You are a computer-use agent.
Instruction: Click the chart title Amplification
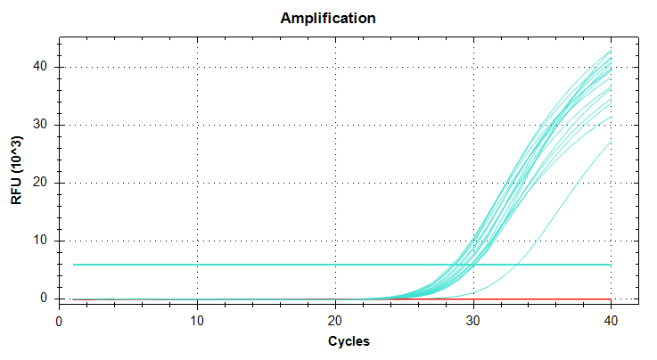[x=328, y=18]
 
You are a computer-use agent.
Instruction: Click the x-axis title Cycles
[x=349, y=341]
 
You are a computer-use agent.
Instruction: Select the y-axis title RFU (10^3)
[x=16, y=170]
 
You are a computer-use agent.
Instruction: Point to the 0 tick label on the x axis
[x=59, y=322]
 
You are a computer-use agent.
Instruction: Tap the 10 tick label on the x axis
[x=197, y=321]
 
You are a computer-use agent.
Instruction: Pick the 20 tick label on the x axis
[x=335, y=321]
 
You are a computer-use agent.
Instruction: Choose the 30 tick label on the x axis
[x=473, y=321]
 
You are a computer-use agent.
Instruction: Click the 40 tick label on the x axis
[x=611, y=321]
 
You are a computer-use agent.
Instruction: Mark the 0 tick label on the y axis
[x=44, y=299]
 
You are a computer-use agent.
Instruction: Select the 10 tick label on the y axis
[x=40, y=241]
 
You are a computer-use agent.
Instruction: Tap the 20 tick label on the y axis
[x=40, y=183]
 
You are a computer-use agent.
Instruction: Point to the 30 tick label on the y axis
[x=40, y=125]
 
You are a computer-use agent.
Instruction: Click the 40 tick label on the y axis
[x=40, y=67]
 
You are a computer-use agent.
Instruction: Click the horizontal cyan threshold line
[x=342, y=265]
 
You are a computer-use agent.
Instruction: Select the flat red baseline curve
[x=342, y=299]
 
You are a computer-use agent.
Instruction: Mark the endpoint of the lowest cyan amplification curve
[x=611, y=142]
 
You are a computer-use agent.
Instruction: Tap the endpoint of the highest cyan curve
[x=611, y=50]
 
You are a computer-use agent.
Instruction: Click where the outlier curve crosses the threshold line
[x=517, y=265]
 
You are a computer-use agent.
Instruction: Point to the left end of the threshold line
[x=73, y=265]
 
